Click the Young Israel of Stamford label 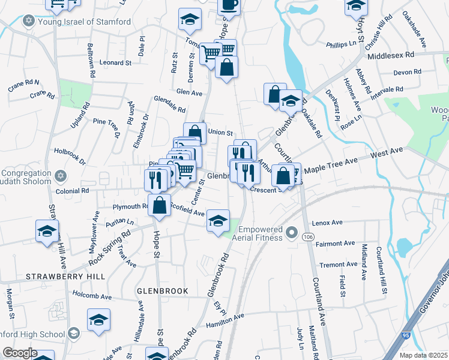[84, 22]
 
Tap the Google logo [19, 353]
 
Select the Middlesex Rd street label [391, 55]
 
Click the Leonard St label [115, 62]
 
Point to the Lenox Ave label [327, 223]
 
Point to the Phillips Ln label [342, 44]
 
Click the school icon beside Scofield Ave [218, 220]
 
